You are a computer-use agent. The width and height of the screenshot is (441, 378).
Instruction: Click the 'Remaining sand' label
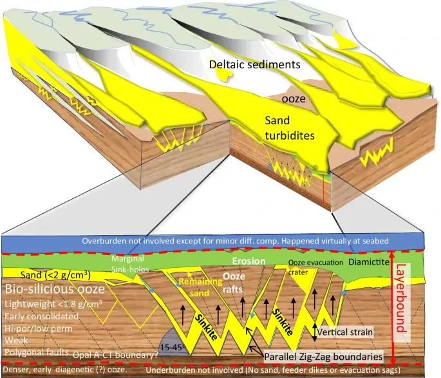196,286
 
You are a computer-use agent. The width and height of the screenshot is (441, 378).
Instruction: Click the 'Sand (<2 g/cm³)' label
36,276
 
